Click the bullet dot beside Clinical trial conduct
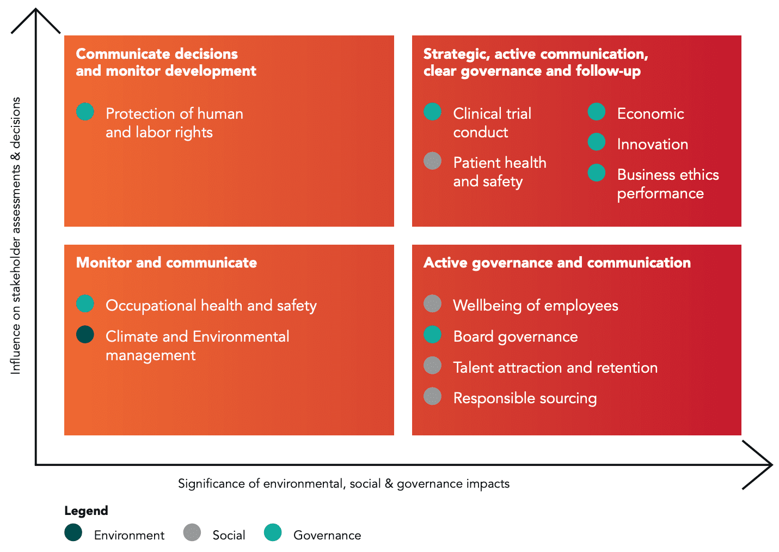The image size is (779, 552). point(432,112)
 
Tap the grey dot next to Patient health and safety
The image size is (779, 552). point(432,161)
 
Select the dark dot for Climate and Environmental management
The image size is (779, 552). point(85,335)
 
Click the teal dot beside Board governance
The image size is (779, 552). point(432,335)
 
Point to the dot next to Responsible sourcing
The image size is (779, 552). point(432,396)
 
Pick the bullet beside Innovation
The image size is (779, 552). point(597,142)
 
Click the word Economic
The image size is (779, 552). point(651,114)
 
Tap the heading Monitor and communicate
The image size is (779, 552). point(166,263)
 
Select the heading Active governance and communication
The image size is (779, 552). point(557,263)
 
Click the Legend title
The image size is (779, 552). point(86,511)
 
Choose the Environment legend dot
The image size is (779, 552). point(73,532)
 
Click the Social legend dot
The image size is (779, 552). point(192,532)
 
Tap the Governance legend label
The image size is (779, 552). point(327,535)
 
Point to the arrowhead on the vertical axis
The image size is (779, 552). point(36,10)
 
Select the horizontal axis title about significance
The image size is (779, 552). point(344,484)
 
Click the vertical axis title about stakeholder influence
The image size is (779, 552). point(16,235)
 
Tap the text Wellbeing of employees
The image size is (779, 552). point(536,306)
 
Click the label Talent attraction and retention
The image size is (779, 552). point(555,367)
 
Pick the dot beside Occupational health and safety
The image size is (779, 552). point(85,304)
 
